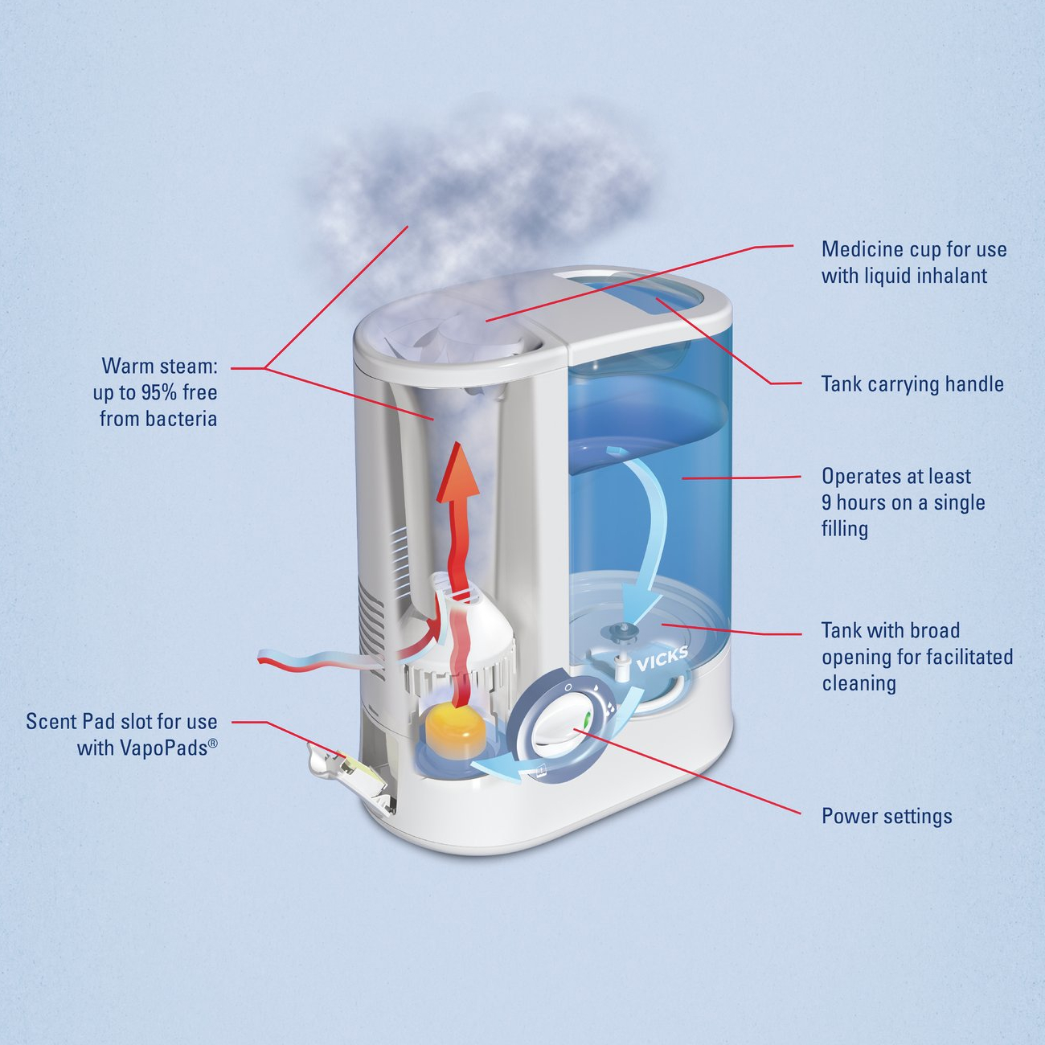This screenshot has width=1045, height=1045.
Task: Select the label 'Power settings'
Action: pos(887,816)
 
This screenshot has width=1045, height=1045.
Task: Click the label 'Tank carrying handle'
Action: pos(912,384)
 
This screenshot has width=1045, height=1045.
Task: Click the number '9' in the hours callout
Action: pos(826,502)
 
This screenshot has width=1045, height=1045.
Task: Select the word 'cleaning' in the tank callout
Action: pos(859,683)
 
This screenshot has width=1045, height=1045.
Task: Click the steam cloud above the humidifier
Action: pos(474,185)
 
